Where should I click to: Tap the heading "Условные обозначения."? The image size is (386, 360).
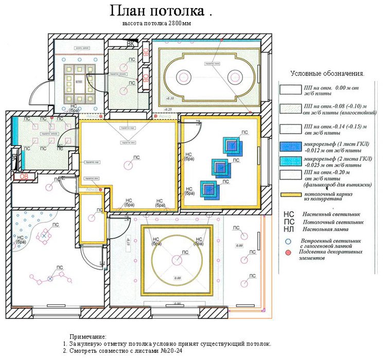pos(327,74)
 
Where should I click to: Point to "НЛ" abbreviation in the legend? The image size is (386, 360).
pos(289,226)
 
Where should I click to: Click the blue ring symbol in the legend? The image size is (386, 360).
pos(289,241)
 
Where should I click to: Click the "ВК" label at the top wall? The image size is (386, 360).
pos(131,44)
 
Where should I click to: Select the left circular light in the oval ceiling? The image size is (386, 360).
pos(183,77)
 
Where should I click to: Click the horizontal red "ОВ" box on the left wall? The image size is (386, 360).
pos(24,176)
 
